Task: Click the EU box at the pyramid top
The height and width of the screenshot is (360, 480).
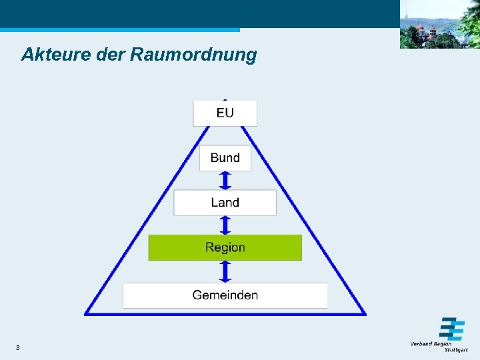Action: coord(225,113)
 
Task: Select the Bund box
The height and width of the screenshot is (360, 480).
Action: coord(225,158)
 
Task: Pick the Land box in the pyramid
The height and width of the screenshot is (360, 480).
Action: coord(225,203)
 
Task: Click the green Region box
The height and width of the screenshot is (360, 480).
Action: coord(225,247)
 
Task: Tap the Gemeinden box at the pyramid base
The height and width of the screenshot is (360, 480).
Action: coord(225,295)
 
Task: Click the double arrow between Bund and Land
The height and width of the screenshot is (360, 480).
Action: coord(225,180)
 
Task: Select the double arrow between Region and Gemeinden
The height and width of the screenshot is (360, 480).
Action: coord(225,271)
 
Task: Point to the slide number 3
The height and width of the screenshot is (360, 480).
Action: coord(17,348)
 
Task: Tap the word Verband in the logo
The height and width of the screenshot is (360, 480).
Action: coord(421,344)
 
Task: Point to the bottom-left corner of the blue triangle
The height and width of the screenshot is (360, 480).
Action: coord(86,313)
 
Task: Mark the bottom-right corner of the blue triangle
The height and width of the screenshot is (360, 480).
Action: coord(365,313)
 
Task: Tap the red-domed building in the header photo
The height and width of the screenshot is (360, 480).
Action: coord(421,31)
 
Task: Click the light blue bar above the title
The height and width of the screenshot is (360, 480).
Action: coord(120,30)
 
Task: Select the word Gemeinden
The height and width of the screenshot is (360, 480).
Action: coord(225,295)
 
